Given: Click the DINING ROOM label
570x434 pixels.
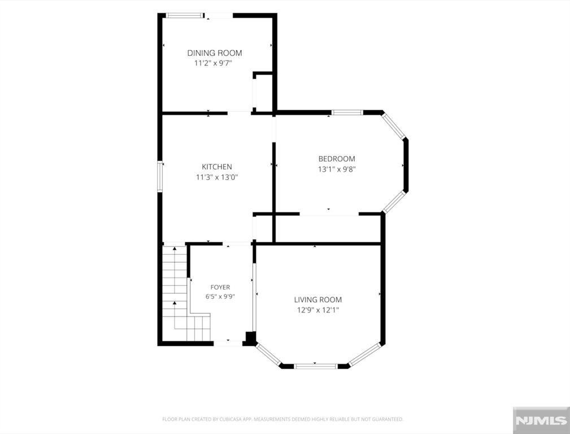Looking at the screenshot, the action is tap(215, 53).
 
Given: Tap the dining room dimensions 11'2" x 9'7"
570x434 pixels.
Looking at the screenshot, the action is tap(213, 63).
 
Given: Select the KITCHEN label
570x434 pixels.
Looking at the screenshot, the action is tap(217, 167).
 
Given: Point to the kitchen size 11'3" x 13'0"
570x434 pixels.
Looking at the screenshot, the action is tap(217, 177).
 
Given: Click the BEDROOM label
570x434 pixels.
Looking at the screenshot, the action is tap(337, 159).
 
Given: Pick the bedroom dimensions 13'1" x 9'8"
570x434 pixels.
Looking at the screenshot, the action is tap(337, 169).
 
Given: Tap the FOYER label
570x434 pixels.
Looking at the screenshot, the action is tap(220, 288).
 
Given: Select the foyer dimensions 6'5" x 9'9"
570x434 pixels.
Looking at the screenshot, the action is tap(220, 297).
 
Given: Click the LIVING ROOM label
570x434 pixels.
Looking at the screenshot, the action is tap(318, 300).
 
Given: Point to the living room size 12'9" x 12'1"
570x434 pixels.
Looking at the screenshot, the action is tap(318, 310).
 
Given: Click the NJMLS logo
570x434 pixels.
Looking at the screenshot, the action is tap(541, 420).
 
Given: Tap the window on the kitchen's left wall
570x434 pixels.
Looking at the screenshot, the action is tap(159, 176).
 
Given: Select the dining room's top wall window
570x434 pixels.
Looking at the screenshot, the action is tap(184, 15).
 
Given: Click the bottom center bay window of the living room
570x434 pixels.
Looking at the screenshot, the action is tap(316, 366).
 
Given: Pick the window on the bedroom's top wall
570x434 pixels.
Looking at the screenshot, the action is tap(347, 112).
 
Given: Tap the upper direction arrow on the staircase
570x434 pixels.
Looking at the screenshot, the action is tap(175, 249).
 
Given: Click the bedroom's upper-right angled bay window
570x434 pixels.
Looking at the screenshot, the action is tap(394, 126).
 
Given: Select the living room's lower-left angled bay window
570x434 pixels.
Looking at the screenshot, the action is tap(268, 354).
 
